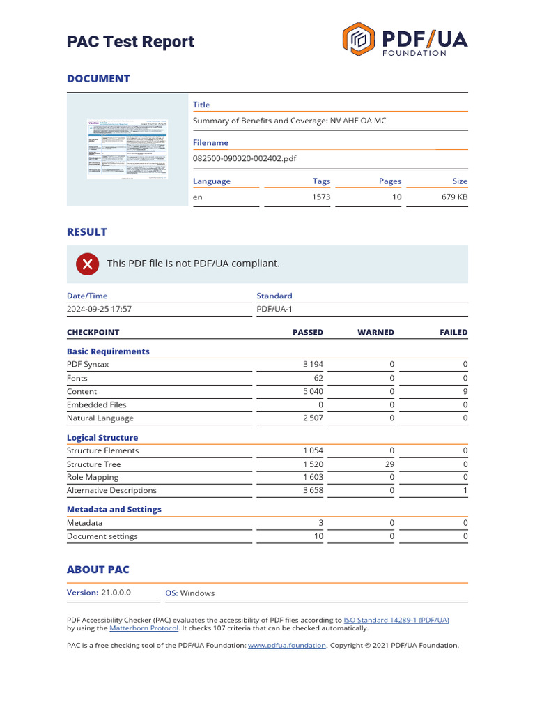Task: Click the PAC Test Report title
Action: (x=130, y=42)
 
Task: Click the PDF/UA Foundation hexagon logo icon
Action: (x=359, y=39)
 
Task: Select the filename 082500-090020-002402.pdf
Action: (x=244, y=158)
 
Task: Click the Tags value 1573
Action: (x=321, y=197)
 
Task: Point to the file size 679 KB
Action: (x=454, y=197)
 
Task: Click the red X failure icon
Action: (x=87, y=264)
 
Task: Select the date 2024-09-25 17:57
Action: (x=99, y=309)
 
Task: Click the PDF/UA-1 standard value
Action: (x=274, y=309)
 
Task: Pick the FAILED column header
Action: (x=453, y=333)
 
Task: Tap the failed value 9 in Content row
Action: (x=465, y=391)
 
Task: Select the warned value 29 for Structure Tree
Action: (x=389, y=464)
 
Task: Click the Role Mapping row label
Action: (x=93, y=477)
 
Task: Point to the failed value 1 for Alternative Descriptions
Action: (x=465, y=491)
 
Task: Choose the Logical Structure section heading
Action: (x=102, y=438)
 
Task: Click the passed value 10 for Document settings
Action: (x=318, y=536)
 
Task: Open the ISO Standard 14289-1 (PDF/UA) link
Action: (x=396, y=620)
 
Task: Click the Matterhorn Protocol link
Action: (x=144, y=628)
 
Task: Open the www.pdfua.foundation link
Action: (x=286, y=646)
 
